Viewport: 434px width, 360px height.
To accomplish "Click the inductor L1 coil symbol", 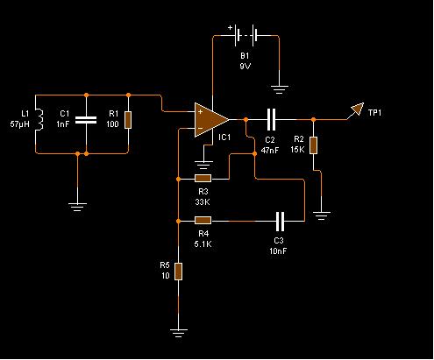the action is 39,119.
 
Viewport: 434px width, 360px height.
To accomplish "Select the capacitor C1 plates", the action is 86,120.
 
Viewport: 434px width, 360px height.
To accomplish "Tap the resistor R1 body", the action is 128,120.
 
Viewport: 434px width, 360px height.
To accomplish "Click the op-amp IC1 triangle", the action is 211,119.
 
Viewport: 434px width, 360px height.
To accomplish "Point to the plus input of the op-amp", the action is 201,111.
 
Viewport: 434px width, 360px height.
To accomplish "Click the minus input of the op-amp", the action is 200,128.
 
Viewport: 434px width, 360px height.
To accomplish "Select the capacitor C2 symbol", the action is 271,119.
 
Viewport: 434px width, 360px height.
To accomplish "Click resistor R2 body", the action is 313,145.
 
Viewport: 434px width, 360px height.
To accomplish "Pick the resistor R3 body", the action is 203,179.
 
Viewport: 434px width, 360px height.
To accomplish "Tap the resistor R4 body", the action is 203,221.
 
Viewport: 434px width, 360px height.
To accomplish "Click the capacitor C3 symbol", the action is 280,221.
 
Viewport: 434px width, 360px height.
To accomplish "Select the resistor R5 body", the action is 178,272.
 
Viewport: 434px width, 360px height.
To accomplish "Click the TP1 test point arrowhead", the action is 357,109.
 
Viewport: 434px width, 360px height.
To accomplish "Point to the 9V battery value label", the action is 245,67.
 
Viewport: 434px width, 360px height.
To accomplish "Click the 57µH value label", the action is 20,124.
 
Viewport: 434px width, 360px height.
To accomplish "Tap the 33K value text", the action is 203,201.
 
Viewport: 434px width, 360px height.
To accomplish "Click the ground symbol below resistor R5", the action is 178,333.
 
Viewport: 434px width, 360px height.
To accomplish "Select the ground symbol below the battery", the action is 279,89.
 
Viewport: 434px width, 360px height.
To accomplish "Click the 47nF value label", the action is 270,151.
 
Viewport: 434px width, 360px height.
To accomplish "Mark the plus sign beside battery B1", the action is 231,28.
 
